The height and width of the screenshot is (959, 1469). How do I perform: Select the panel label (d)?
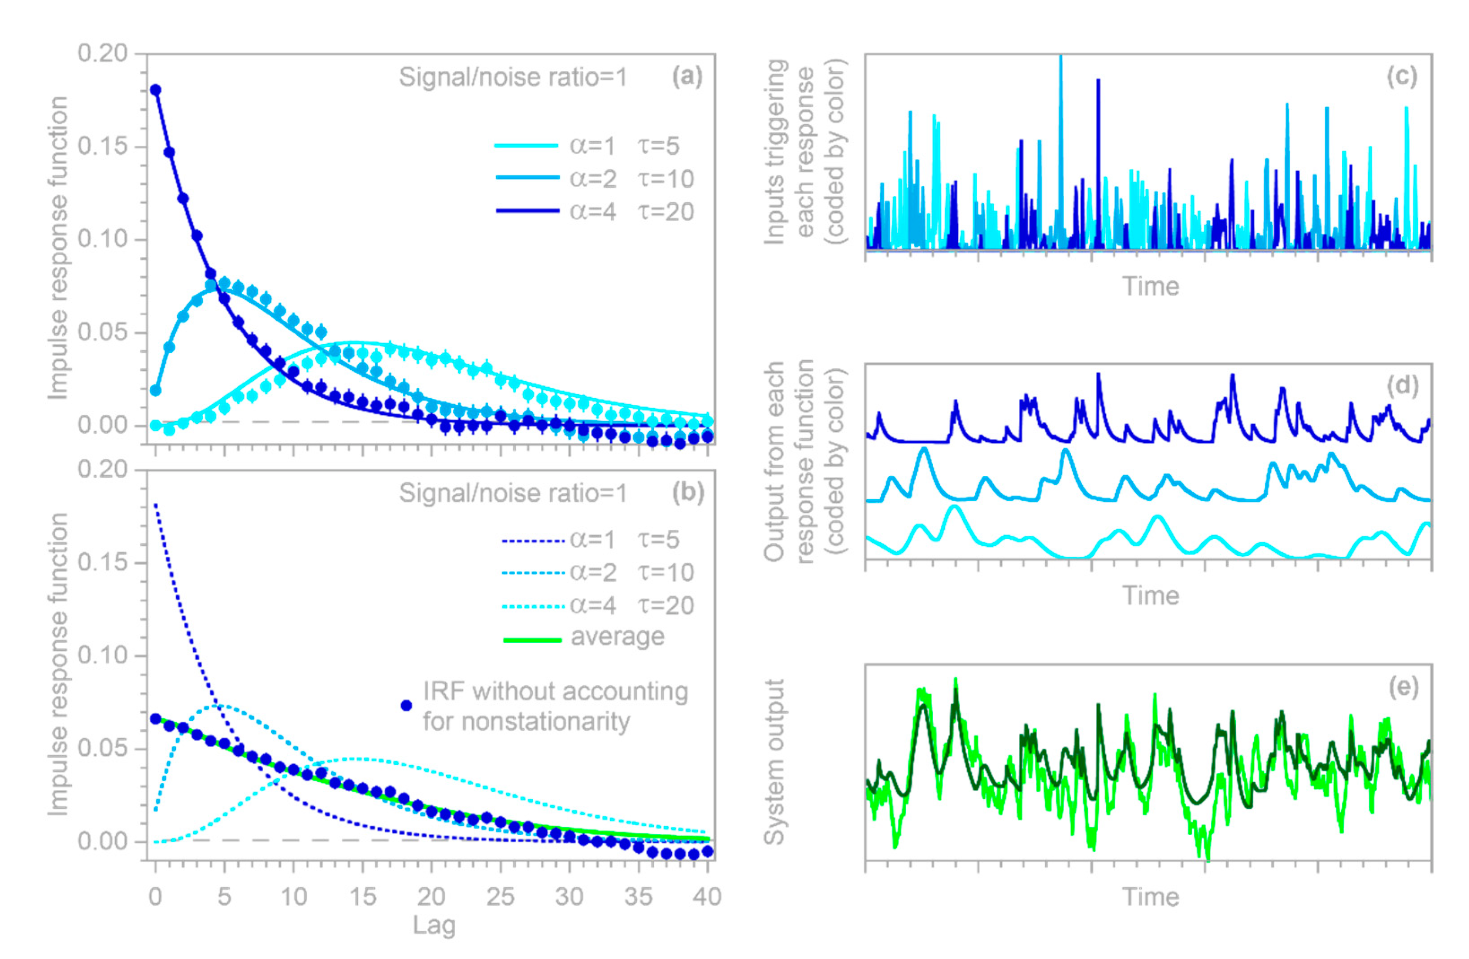pyautogui.click(x=1402, y=385)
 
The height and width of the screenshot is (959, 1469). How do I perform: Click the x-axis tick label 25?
pyautogui.click(x=500, y=897)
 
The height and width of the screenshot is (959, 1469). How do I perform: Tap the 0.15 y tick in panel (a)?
pyautogui.click(x=102, y=146)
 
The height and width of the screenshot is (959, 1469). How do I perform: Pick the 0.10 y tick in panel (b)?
pyautogui.click(x=102, y=655)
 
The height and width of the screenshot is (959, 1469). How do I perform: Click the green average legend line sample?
pyautogui.click(x=532, y=640)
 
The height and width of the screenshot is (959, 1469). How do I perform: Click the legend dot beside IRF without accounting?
pyautogui.click(x=406, y=705)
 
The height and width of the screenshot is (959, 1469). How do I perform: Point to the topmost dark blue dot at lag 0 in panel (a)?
pyautogui.click(x=156, y=90)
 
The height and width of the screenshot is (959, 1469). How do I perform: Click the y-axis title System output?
pyautogui.click(x=774, y=762)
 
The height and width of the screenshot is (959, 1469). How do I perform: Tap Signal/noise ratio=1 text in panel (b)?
pyautogui.click(x=512, y=493)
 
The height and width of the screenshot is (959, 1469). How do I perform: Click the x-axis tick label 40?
pyautogui.click(x=707, y=897)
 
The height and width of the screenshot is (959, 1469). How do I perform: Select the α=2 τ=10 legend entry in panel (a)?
pyautogui.click(x=595, y=179)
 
